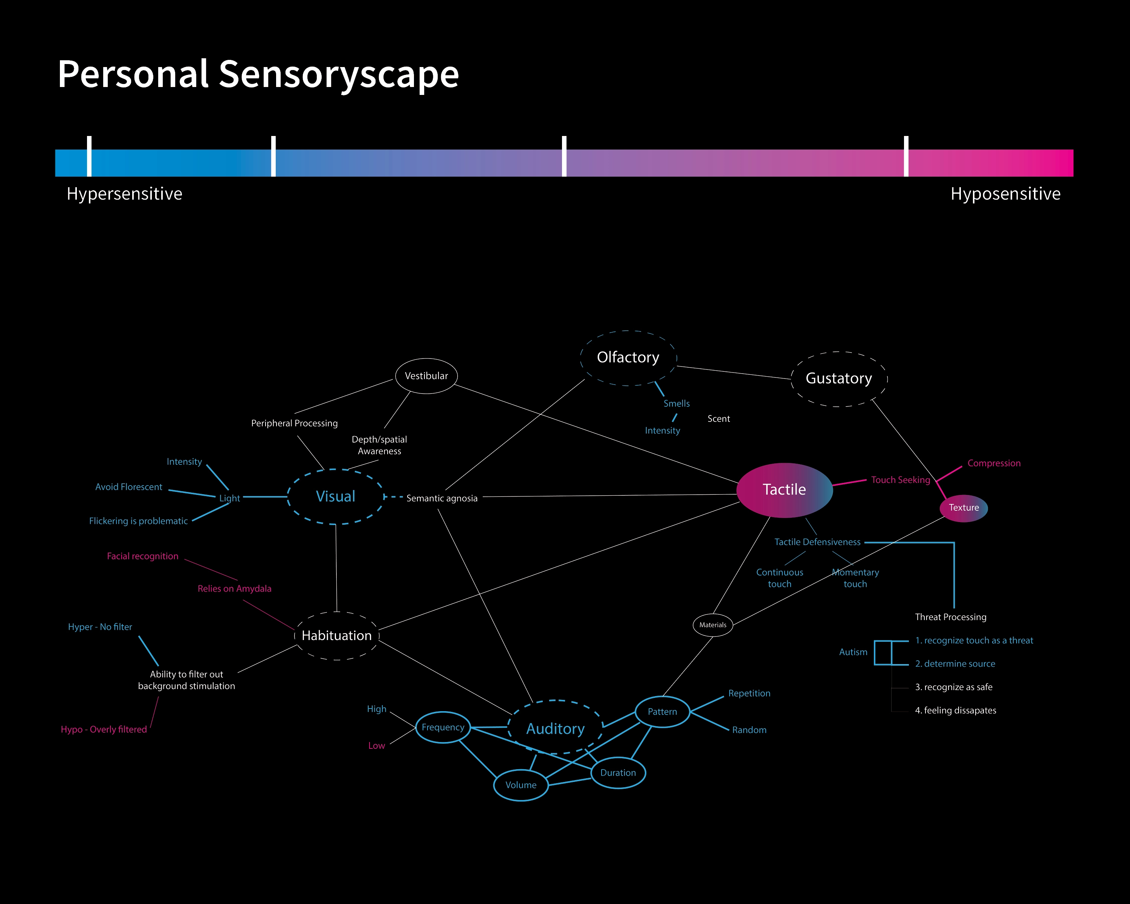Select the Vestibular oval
[426, 376]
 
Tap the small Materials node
[713, 625]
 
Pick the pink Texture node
[964, 507]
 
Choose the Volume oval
[521, 785]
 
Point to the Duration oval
[618, 773]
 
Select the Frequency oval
[443, 727]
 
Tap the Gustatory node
[838, 379]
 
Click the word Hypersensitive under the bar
[124, 194]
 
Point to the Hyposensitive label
[1005, 194]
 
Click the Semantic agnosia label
[442, 498]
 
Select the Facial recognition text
[142, 556]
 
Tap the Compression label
[994, 463]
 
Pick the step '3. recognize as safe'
[953, 687]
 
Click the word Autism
[853, 652]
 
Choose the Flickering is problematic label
[138, 521]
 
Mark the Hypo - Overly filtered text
[104, 730]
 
